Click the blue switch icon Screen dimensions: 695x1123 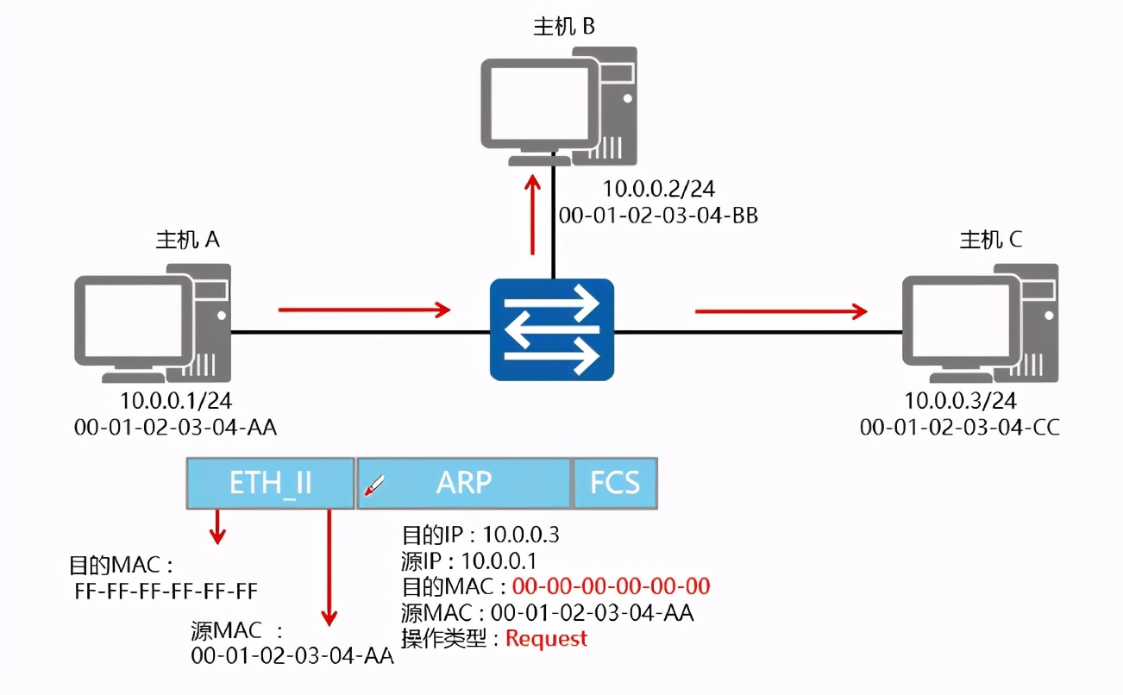tap(552, 330)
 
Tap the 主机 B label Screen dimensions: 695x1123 tap(564, 27)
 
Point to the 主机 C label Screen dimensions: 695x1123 tap(991, 240)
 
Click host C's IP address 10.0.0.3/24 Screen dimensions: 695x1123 tap(960, 401)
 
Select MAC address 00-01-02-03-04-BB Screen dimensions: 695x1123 tap(658, 216)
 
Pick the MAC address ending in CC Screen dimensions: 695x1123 tap(960, 428)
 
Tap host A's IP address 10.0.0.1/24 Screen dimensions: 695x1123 tap(176, 401)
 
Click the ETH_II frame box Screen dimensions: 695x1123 tap(270, 483)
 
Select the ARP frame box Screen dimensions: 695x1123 tap(464, 483)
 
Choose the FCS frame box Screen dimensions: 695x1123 tap(615, 483)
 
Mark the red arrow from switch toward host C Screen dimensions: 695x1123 tap(781, 311)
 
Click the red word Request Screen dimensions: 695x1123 tap(546, 639)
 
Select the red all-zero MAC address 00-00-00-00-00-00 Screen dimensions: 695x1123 tap(611, 587)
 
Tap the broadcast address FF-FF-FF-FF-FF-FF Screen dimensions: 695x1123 tap(166, 592)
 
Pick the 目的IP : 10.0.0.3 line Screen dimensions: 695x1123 tap(480, 535)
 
